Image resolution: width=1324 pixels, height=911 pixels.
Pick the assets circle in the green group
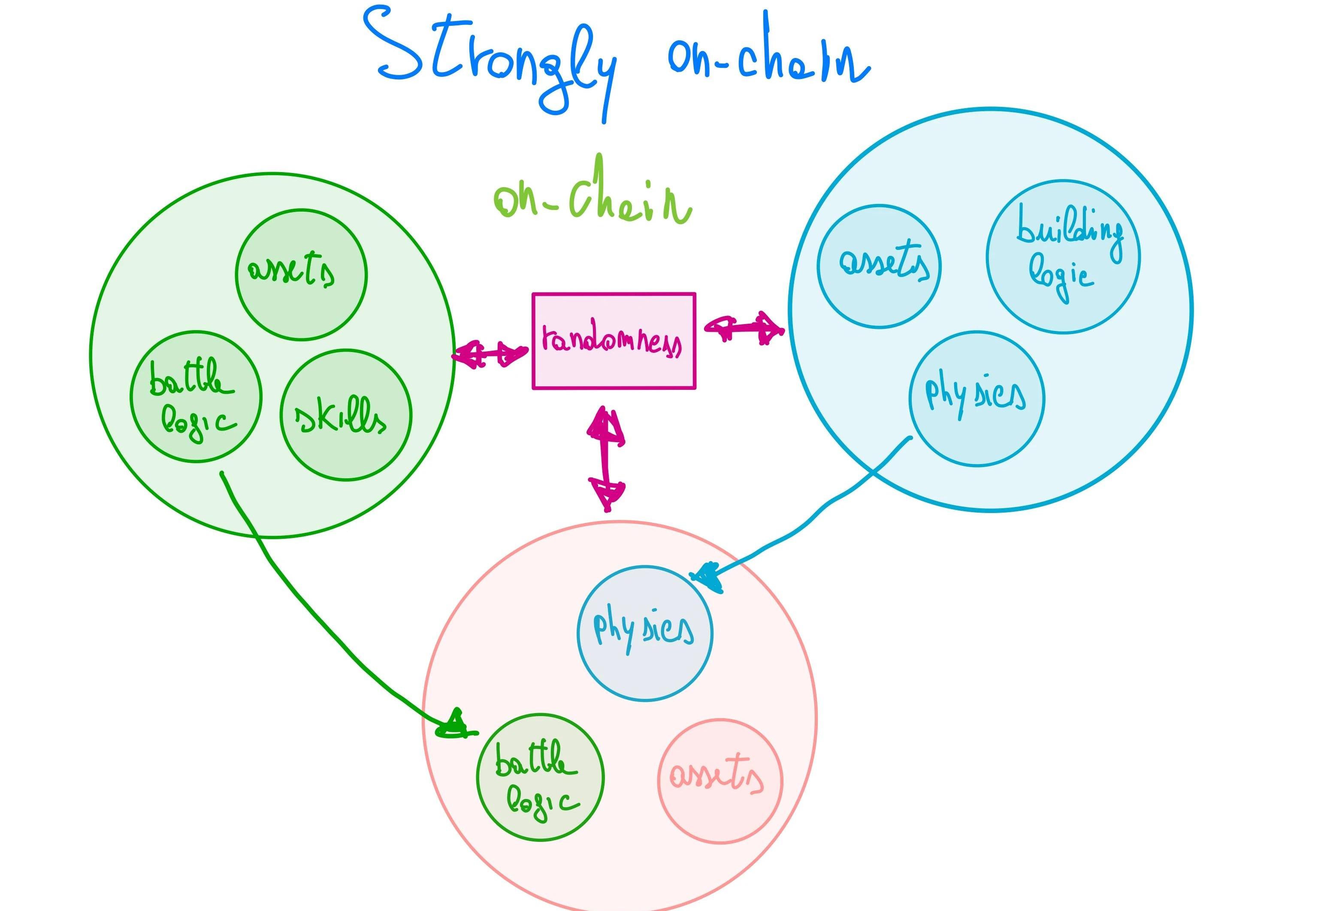[301, 275]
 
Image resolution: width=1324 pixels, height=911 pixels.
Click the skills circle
[345, 415]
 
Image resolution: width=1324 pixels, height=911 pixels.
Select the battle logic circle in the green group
[196, 397]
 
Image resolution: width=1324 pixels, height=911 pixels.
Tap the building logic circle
[1063, 257]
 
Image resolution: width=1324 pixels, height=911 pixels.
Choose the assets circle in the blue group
[879, 267]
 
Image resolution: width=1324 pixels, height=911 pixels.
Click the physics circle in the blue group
[976, 398]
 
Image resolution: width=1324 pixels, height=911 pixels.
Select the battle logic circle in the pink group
[540, 777]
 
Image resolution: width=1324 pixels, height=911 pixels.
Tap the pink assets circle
[720, 780]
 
